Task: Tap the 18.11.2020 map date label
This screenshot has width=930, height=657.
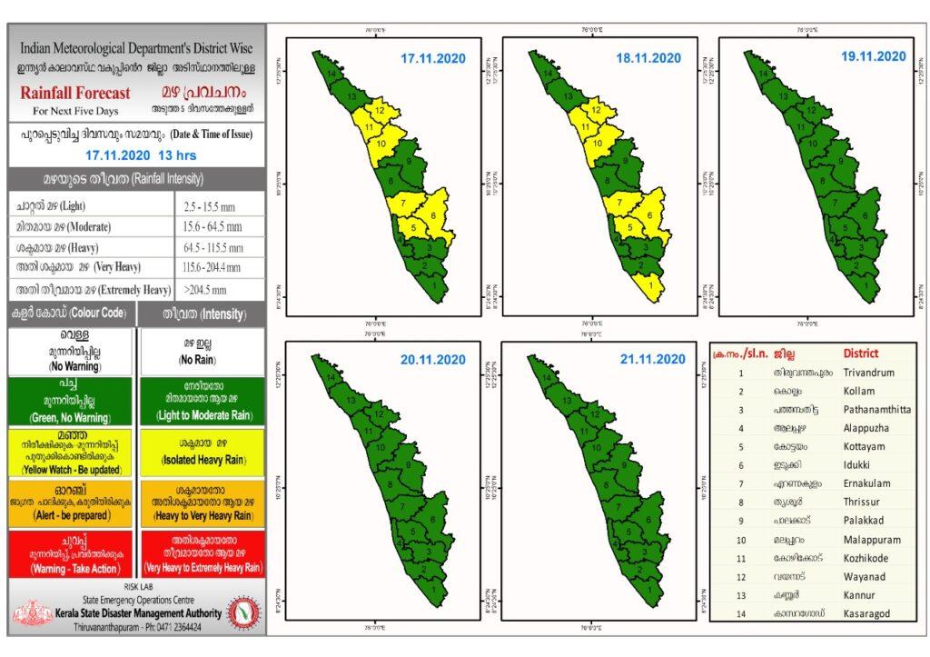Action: (x=648, y=58)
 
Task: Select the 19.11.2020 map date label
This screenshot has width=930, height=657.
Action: (x=873, y=56)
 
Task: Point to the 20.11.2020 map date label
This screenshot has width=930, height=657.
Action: (x=433, y=360)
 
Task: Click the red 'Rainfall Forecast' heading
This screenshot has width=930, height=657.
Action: (x=75, y=93)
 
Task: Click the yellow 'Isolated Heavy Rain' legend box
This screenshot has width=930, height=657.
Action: (x=202, y=451)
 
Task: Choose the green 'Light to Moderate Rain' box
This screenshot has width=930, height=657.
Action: (x=202, y=400)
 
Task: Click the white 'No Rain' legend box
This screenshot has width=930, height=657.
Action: (x=202, y=351)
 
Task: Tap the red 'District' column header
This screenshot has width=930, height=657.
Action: (x=861, y=353)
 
